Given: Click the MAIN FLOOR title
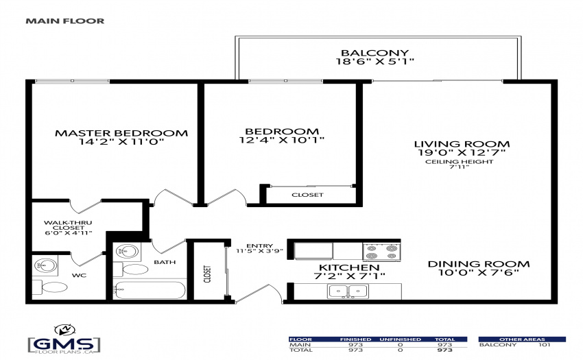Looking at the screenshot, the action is click(65, 21).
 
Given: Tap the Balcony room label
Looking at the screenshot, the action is click(374, 53).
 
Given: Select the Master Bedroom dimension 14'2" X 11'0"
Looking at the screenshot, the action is click(121, 142).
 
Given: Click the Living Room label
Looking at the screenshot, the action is click(462, 144).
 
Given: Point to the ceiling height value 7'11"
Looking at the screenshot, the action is click(459, 167).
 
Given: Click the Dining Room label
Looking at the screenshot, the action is click(479, 264).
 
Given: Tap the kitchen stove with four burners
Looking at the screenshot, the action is click(381, 252).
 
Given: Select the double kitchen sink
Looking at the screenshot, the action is click(348, 291).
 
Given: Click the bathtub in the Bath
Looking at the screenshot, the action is click(150, 290).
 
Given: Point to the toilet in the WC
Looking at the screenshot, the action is click(51, 287).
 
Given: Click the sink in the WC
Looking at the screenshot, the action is click(45, 265).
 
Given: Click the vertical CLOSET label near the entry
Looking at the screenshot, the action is click(207, 274).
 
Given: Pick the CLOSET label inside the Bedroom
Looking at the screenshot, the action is click(307, 195).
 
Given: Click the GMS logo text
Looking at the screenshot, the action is click(64, 343).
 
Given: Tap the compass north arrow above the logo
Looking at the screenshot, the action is click(65, 330).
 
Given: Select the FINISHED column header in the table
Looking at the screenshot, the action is click(355, 339).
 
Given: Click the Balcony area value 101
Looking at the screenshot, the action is click(545, 345).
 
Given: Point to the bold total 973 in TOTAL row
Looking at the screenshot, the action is click(445, 350).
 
